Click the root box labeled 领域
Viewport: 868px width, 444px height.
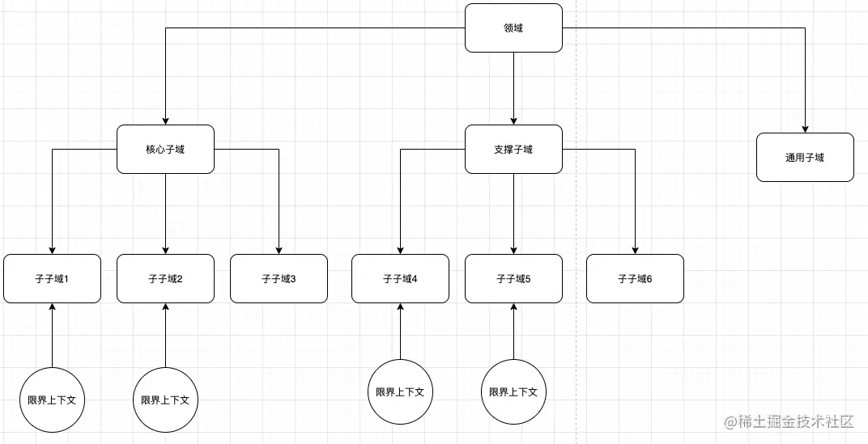(x=513, y=28)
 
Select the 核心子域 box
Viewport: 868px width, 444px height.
(x=165, y=149)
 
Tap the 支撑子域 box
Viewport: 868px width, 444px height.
(x=513, y=149)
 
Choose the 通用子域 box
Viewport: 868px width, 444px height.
(x=805, y=158)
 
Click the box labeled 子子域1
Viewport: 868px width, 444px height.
(x=52, y=279)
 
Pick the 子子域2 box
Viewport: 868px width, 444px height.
(x=165, y=279)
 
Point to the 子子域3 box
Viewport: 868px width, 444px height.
(x=279, y=279)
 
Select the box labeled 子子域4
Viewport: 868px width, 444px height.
(x=400, y=279)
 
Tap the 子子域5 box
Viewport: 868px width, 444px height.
(x=513, y=279)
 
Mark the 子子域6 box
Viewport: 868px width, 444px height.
(x=635, y=279)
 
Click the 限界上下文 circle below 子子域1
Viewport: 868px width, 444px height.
(x=52, y=400)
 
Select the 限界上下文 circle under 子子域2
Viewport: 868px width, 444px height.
(x=165, y=400)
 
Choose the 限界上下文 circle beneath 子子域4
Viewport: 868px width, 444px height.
(x=400, y=391)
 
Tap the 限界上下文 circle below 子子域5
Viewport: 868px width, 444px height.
(x=513, y=391)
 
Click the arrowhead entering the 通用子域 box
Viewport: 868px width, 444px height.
(x=805, y=129)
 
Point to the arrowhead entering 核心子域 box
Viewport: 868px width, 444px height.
(x=165, y=121)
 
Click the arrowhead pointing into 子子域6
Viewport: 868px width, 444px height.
(x=635, y=250)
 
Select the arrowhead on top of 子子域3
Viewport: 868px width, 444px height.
(x=279, y=250)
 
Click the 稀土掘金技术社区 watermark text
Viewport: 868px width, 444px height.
(x=789, y=421)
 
